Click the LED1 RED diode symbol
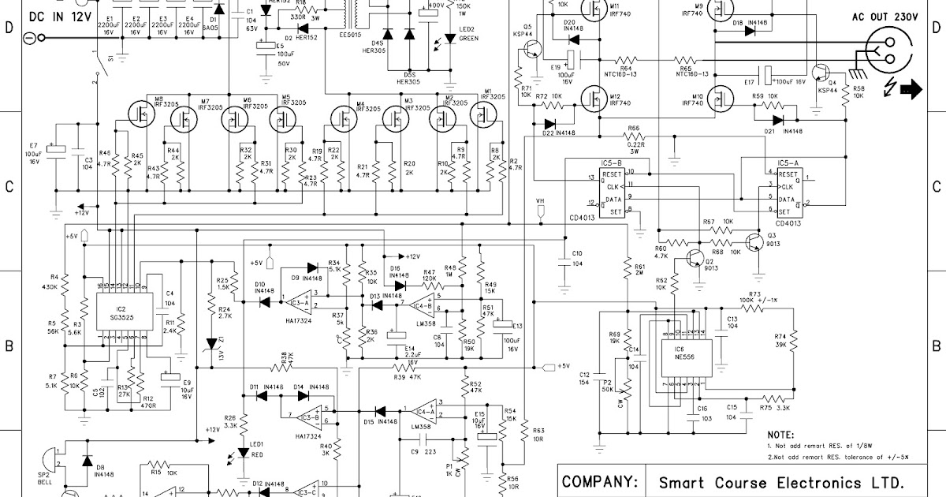click(x=244, y=455)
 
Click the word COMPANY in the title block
click(x=598, y=481)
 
